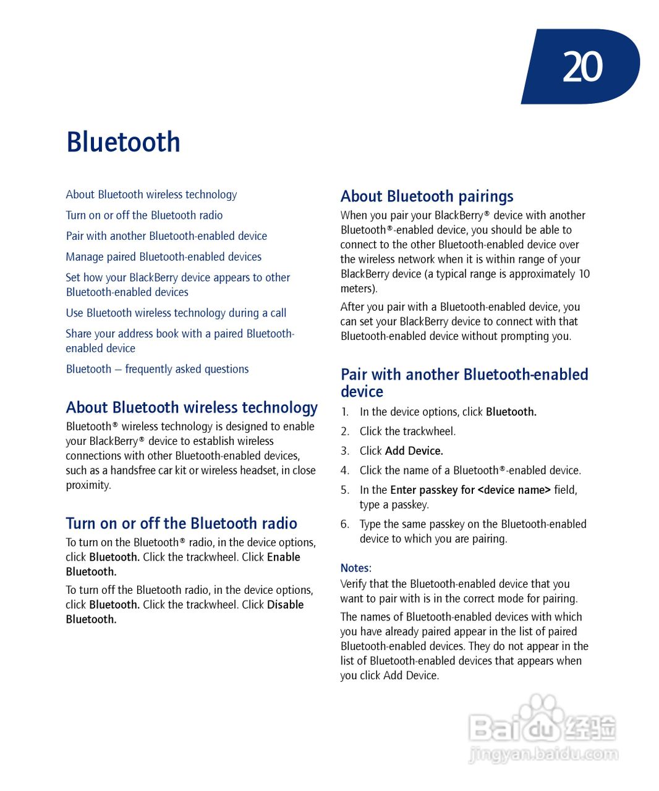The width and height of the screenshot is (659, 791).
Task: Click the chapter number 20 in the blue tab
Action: click(x=582, y=67)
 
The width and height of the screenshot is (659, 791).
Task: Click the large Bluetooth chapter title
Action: click(x=123, y=142)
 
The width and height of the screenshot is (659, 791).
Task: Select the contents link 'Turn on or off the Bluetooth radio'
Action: click(x=144, y=215)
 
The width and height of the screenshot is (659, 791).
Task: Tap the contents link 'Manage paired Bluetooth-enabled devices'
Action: click(x=163, y=256)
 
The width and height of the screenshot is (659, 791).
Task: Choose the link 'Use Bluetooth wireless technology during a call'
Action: click(x=176, y=313)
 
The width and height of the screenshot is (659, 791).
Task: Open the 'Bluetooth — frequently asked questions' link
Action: click(x=157, y=369)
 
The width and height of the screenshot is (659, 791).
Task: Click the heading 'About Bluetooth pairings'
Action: click(x=427, y=197)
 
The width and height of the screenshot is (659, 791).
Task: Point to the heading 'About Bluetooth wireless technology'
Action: click(x=192, y=408)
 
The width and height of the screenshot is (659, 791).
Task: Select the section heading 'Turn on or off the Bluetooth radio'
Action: click(x=181, y=523)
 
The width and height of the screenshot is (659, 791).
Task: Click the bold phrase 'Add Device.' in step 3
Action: click(x=414, y=451)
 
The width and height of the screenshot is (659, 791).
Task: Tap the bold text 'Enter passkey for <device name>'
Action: click(x=470, y=490)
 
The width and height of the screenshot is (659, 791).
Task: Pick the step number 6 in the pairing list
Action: click(x=344, y=524)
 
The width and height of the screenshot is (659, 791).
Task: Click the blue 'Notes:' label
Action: click(x=355, y=568)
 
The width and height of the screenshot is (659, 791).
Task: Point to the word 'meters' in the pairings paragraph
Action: click(x=357, y=289)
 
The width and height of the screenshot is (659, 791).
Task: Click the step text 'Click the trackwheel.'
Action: click(x=407, y=431)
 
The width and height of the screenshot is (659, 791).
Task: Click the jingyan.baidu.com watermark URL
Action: click(x=543, y=754)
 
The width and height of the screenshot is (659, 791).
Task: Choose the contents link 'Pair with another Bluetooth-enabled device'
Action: click(x=166, y=236)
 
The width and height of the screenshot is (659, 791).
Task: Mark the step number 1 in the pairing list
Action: click(x=344, y=412)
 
